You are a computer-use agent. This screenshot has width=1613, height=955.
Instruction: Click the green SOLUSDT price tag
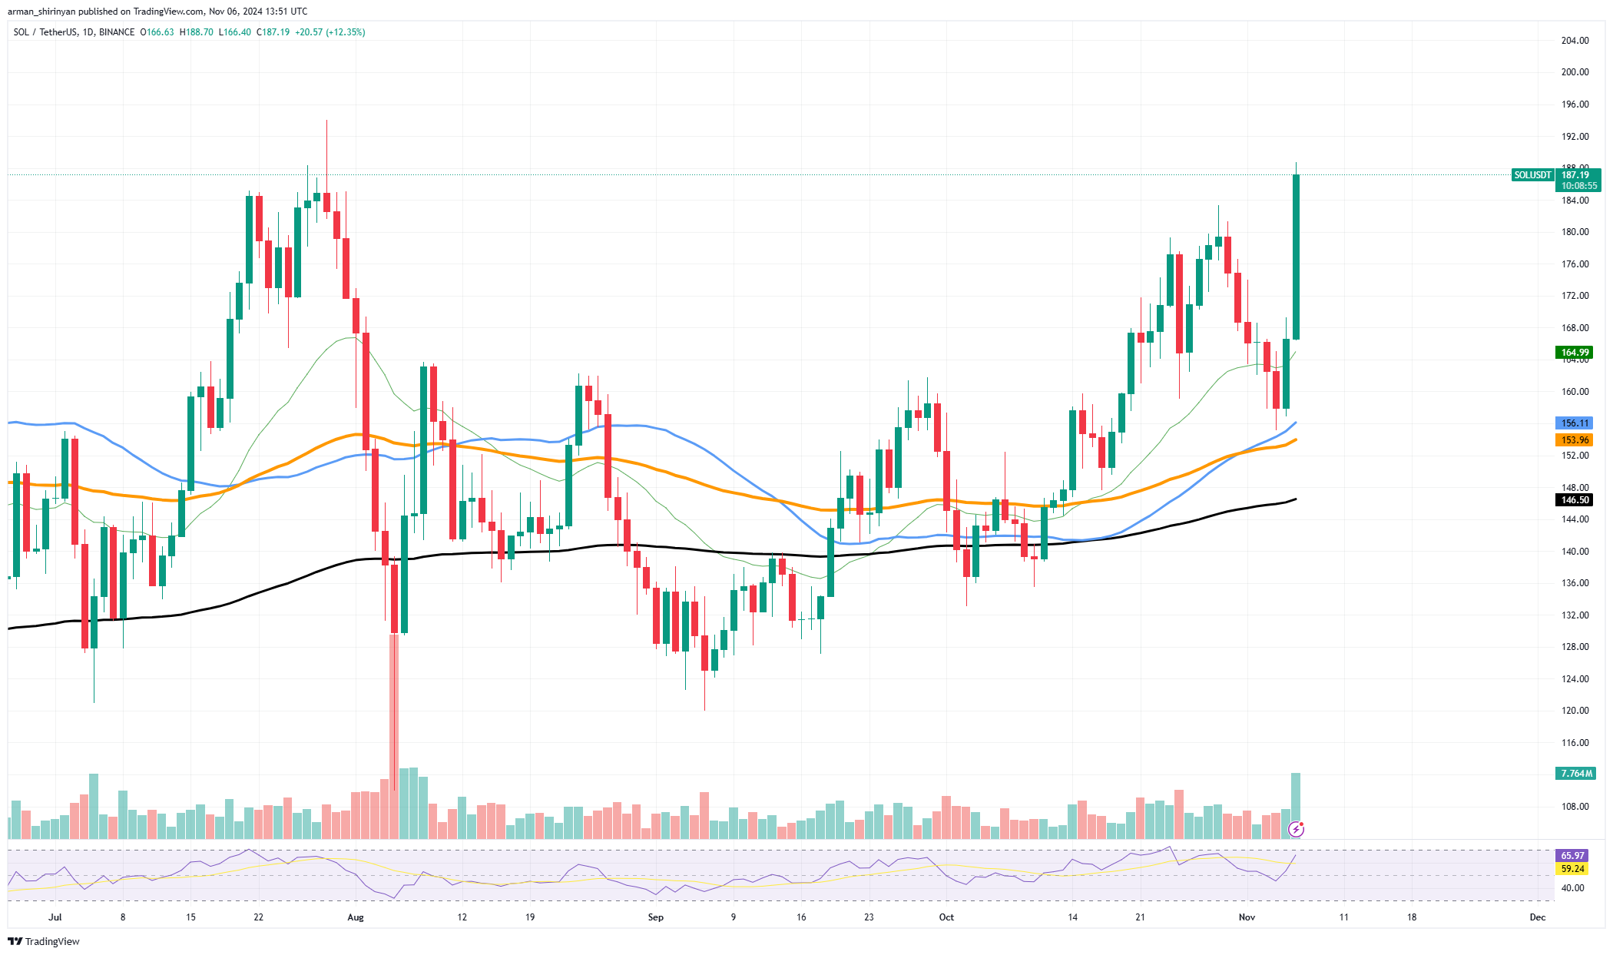tap(1532, 175)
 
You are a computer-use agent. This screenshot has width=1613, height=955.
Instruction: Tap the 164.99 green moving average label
tap(1574, 353)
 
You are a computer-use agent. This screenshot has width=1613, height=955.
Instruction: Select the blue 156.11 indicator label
tap(1574, 423)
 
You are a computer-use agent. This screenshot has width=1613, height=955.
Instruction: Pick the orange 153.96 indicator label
tap(1574, 440)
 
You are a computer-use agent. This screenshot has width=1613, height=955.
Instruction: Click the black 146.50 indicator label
tap(1574, 500)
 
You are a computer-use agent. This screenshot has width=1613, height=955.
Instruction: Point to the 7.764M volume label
tap(1574, 773)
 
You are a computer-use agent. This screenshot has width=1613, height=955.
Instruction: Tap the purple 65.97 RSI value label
tap(1572, 855)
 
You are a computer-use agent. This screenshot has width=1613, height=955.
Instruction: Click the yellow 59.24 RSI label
tap(1572, 869)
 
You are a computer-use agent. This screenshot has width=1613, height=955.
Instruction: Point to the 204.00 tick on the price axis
tap(1575, 41)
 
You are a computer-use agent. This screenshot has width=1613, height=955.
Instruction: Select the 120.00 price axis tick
tap(1575, 711)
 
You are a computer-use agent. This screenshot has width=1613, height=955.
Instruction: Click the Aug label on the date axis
tap(355, 917)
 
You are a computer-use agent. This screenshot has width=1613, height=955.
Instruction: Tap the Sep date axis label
tap(655, 917)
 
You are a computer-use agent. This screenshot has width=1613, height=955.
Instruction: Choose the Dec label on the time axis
tap(1537, 917)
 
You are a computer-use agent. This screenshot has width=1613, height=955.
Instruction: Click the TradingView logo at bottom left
tap(44, 941)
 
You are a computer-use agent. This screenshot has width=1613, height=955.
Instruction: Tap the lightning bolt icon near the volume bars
tap(1297, 829)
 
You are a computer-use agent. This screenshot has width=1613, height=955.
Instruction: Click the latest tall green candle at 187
tap(1296, 257)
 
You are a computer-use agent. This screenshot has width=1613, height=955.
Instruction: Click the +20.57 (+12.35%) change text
tap(330, 32)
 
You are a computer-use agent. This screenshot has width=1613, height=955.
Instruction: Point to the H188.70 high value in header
tap(197, 32)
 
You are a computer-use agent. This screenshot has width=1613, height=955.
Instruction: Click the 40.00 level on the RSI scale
tap(1572, 888)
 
